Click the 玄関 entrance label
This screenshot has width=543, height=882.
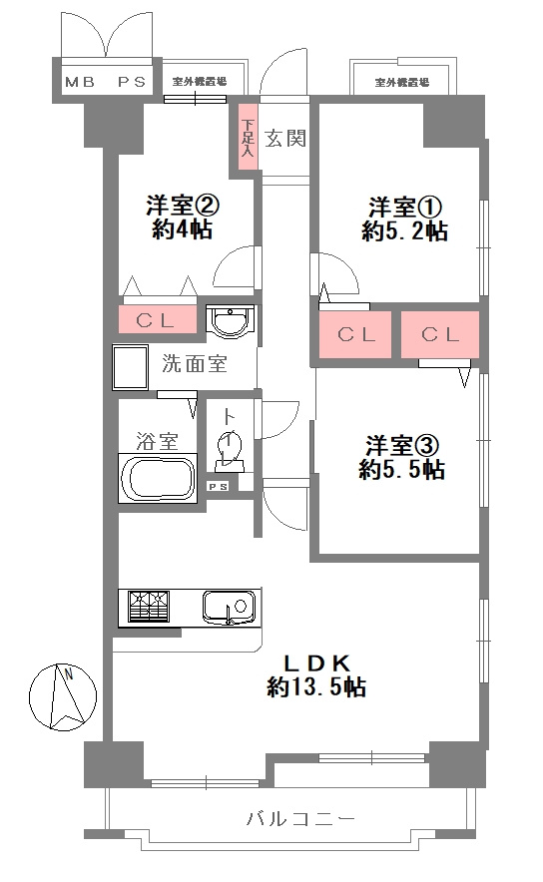285,139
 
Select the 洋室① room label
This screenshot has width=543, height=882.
404,208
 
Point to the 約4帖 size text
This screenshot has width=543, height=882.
183,229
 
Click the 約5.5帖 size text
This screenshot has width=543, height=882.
404,469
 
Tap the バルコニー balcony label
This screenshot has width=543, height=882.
300,820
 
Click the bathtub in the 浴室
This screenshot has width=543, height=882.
158,480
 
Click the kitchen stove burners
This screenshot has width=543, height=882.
146,607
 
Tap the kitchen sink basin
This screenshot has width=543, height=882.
227,606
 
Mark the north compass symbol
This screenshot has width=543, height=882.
60,695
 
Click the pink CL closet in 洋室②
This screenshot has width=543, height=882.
156,320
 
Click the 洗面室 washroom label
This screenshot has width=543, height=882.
195,364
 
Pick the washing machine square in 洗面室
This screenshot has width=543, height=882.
132,369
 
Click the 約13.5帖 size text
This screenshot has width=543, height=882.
315,687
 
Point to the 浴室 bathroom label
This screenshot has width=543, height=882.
157,438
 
